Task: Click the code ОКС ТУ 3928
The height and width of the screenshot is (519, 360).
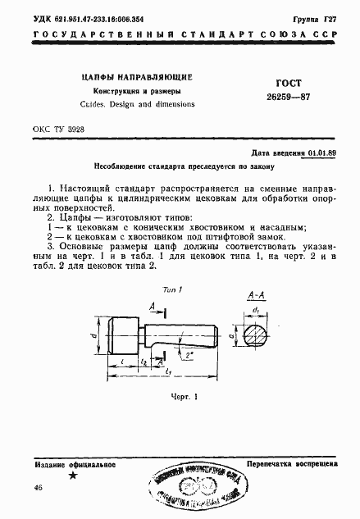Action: (x=60, y=130)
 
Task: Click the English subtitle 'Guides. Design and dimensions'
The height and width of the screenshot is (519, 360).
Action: (x=138, y=105)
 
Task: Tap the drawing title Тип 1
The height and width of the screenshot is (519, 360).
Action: (x=170, y=291)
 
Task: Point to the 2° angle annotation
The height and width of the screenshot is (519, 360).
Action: (x=189, y=355)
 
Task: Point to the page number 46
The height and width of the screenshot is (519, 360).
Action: (x=39, y=489)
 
